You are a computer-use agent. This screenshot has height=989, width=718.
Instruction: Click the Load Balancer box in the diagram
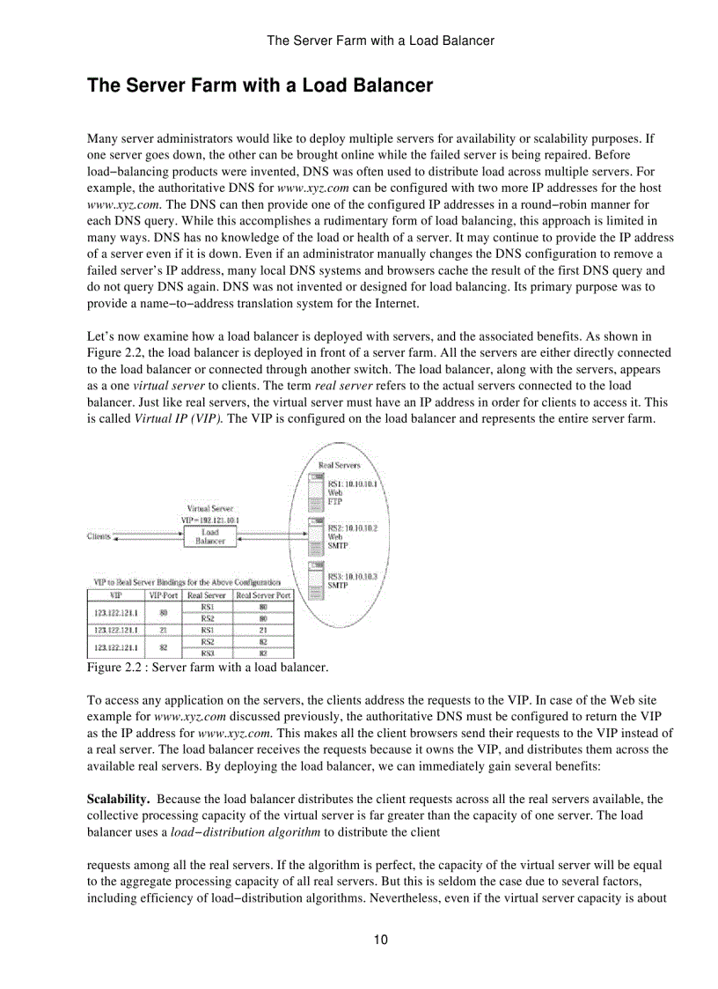(x=209, y=536)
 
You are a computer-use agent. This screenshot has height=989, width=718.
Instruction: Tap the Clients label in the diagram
(x=99, y=535)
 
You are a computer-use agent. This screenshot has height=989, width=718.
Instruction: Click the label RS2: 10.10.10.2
(x=352, y=528)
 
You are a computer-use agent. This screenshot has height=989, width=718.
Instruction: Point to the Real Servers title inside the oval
(x=339, y=465)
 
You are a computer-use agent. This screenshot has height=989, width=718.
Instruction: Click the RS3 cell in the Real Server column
(x=208, y=653)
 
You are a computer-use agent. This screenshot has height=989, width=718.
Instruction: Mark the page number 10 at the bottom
(x=380, y=940)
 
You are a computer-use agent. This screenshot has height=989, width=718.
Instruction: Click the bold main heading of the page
(x=260, y=85)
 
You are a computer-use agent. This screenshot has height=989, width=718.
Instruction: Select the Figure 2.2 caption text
(x=207, y=668)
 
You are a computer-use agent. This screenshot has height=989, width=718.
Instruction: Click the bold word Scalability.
(x=117, y=800)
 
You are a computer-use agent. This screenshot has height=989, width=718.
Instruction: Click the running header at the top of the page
(x=380, y=40)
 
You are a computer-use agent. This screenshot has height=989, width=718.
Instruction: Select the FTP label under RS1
(x=335, y=501)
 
